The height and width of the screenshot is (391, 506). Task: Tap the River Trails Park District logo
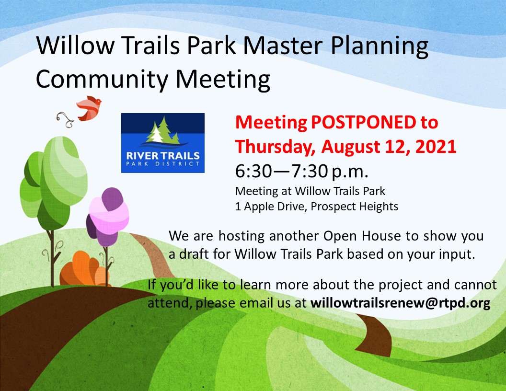click(163, 143)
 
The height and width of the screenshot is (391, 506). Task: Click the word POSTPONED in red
click(364, 122)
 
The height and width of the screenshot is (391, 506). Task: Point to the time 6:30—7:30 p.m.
click(302, 171)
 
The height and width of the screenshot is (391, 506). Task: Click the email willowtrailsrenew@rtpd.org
click(401, 303)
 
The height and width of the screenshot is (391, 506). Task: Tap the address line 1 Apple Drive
click(270, 207)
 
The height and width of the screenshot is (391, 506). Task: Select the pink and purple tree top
click(108, 216)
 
